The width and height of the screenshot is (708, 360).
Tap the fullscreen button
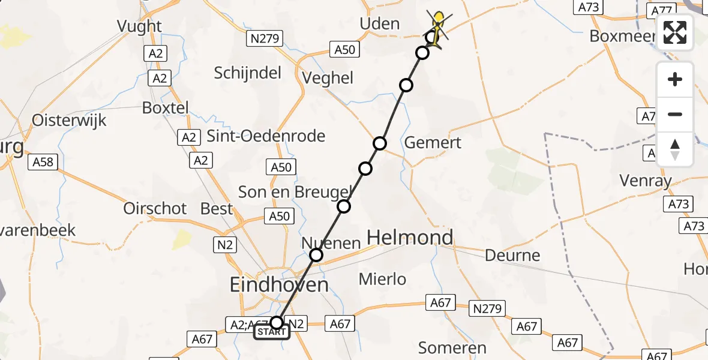click(x=675, y=32)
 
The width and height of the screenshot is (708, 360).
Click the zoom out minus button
click(x=675, y=114)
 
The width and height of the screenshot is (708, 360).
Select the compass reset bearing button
click(x=675, y=149)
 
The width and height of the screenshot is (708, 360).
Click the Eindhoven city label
click(x=280, y=284)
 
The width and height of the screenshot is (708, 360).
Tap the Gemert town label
click(x=433, y=142)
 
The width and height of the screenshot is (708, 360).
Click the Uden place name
click(x=379, y=23)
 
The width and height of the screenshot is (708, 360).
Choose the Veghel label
click(x=328, y=78)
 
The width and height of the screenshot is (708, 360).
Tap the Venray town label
click(x=646, y=180)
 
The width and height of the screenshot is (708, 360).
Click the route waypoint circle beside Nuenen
click(x=316, y=256)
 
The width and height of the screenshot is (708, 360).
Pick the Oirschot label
click(x=155, y=208)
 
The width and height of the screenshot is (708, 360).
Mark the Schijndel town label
click(x=248, y=73)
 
